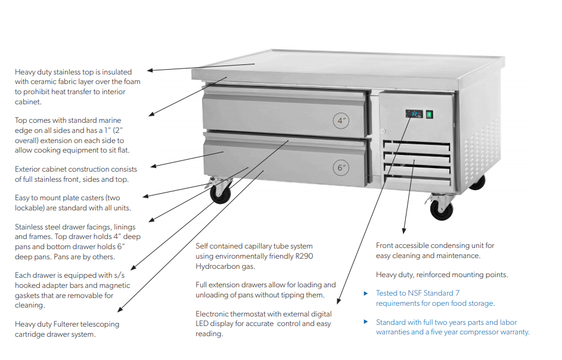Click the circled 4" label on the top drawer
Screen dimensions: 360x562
tap(341, 120)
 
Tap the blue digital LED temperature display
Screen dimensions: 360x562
tap(415, 113)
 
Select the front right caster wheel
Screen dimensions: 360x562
tap(442, 209)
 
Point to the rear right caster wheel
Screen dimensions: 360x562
tap(477, 182)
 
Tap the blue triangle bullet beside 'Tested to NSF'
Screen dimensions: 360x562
tap(366, 293)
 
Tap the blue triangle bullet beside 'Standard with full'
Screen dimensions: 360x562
tap(366, 322)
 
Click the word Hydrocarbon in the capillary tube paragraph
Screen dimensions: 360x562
tap(216, 266)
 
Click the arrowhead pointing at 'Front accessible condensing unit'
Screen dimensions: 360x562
tap(404, 231)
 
